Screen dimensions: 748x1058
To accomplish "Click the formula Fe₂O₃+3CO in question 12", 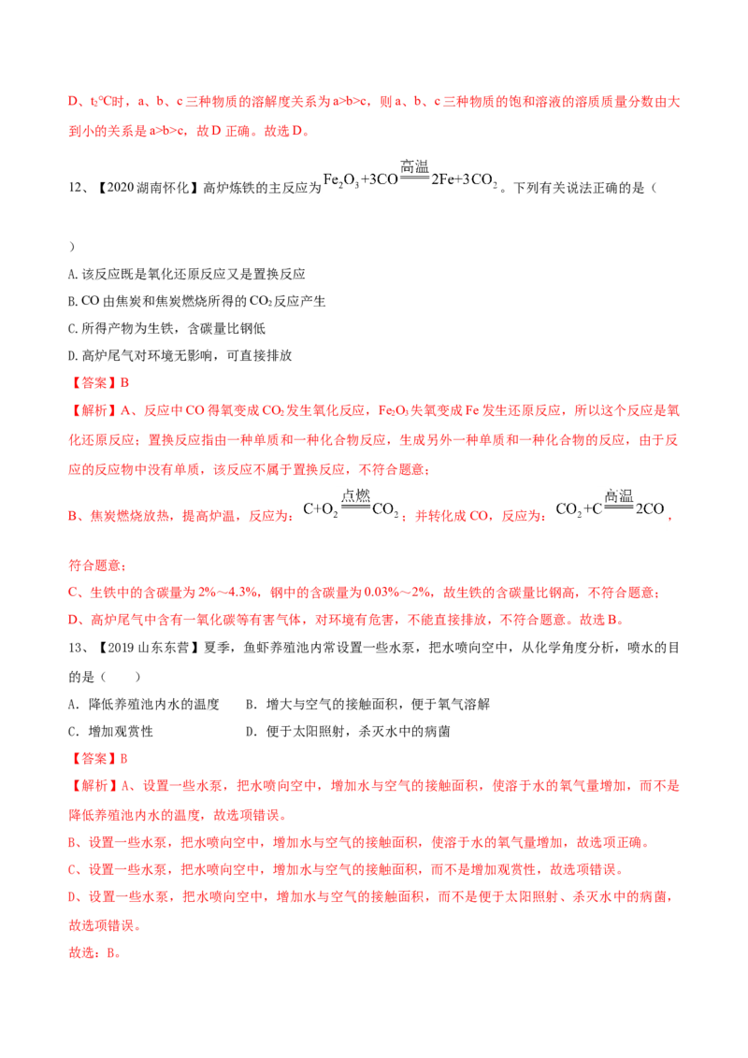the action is pos(361,180).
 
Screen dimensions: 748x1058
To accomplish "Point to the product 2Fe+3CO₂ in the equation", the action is pos(465,180).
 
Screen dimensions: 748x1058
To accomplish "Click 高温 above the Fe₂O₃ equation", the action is pos(414,166).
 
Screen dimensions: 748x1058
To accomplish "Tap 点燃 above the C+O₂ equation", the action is pos(356,496).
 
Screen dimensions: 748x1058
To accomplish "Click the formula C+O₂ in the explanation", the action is pos(320,509).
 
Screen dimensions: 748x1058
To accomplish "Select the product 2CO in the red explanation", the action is pos(650,508).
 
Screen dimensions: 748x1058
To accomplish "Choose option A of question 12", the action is pos(187,274).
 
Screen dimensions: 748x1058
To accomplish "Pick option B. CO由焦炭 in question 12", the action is pos(196,301).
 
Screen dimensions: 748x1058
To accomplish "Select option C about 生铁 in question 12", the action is pos(166,329).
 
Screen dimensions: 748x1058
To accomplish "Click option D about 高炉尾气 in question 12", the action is pos(180,355).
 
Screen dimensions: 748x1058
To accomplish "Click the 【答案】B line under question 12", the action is pos(99,383).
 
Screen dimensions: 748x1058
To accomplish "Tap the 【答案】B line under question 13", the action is pos(99,759).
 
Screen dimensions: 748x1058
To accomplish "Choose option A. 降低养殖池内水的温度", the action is pos(144,705).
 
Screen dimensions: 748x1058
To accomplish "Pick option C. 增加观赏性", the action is pos(110,732).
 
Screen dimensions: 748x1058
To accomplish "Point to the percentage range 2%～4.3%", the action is pos(227,593).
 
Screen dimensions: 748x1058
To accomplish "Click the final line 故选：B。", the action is pos(94,953).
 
